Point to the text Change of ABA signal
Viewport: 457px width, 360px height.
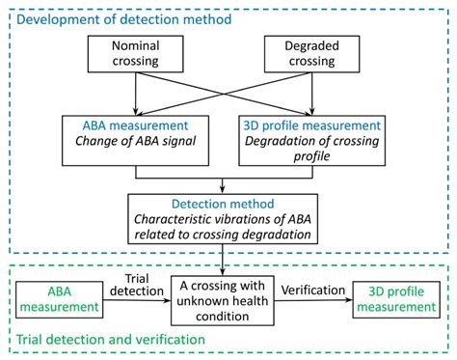[137, 146]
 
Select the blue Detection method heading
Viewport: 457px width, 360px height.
[223, 205]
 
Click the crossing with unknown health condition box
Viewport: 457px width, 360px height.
[223, 299]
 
